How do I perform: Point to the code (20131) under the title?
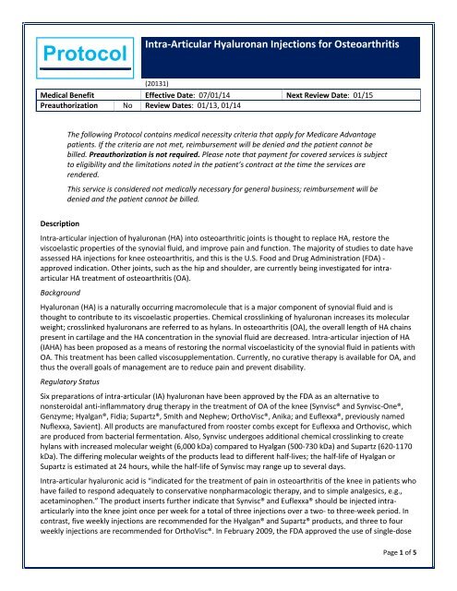click(x=163, y=107)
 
